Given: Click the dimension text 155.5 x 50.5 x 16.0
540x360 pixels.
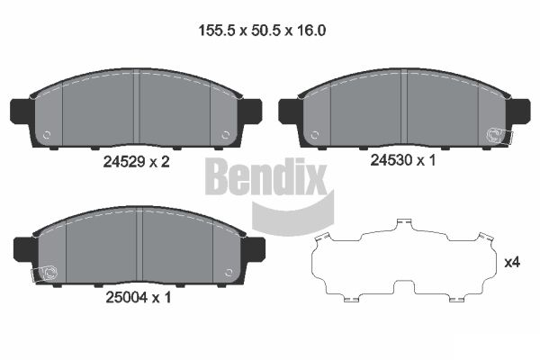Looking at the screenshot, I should click(261, 31).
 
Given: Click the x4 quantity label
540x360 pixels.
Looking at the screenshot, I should click(513, 263).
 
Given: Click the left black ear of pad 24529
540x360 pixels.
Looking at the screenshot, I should click(21, 110).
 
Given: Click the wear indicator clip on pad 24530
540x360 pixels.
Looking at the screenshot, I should click(495, 135).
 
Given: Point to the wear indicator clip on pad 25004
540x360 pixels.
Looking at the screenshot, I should click(45, 273).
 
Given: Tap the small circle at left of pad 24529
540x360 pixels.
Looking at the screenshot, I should click(48, 137).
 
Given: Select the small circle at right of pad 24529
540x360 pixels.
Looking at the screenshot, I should click(222, 137).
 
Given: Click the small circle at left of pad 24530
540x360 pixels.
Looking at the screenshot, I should click(316, 136).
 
